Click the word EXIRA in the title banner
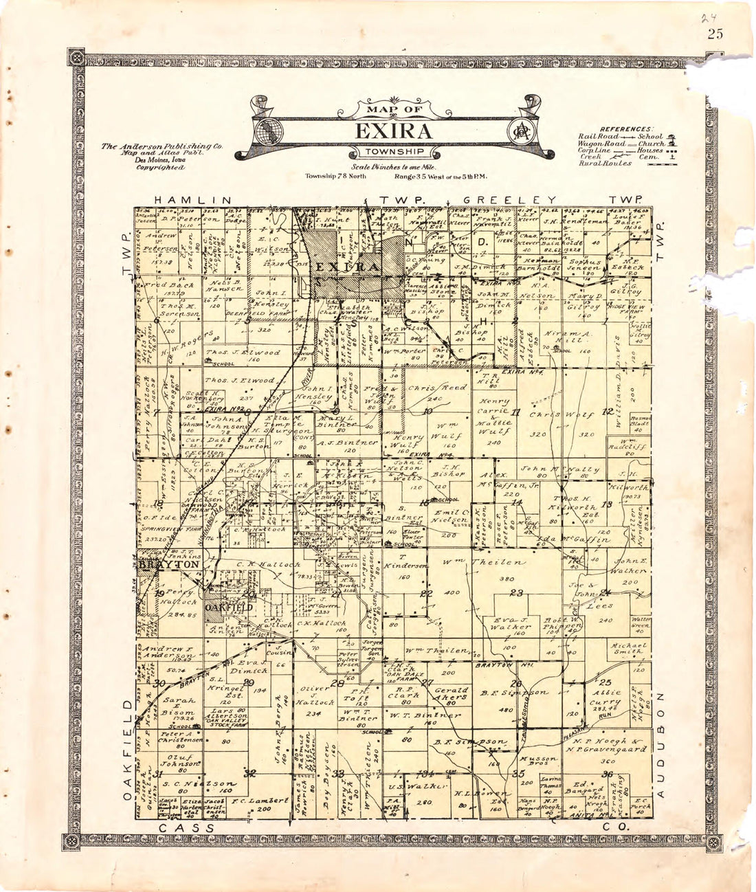[x=393, y=131]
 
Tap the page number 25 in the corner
[x=714, y=34]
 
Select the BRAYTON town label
[x=169, y=564]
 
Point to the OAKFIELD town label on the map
[x=230, y=607]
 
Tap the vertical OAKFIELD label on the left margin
[x=128, y=750]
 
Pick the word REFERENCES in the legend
[x=625, y=129]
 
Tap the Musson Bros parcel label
[x=537, y=759]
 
